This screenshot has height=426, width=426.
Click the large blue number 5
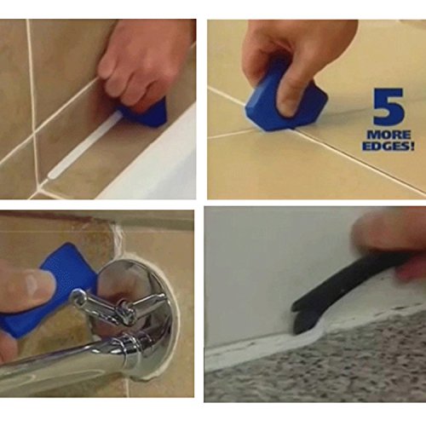(x=388, y=106)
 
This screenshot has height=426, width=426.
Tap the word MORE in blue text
(x=389, y=135)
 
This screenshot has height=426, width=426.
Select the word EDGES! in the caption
(x=388, y=146)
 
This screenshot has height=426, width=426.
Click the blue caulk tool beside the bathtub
(x=147, y=112)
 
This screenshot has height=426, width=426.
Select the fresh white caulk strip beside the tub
(x=85, y=145)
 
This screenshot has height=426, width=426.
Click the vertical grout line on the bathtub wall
(x=33, y=100)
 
